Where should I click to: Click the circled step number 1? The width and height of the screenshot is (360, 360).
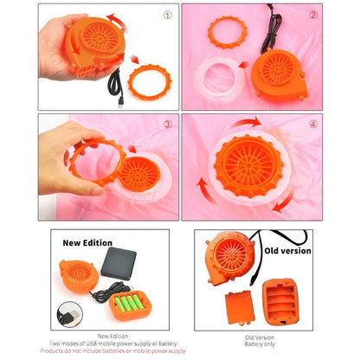pos(168,15)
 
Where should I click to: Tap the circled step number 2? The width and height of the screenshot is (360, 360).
pos(313,15)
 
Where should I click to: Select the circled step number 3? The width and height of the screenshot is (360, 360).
pos(168,124)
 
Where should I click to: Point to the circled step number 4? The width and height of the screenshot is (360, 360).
pos(313,125)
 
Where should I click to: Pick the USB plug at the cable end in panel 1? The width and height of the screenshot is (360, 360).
pos(120,104)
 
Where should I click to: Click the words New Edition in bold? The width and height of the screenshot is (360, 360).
pos(87,243)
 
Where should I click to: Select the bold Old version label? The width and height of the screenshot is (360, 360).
pos(288,251)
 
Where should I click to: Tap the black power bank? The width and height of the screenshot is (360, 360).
pos(119,263)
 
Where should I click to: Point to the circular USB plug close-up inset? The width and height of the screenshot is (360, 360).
pos(70,314)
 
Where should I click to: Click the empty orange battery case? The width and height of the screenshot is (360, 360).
pos(280,301)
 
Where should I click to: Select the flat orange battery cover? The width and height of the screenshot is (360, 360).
pos(240,307)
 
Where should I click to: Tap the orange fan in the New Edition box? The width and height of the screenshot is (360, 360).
pos(79,276)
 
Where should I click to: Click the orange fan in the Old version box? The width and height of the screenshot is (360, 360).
pos(229,258)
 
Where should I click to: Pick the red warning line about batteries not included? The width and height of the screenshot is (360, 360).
pos(112,350)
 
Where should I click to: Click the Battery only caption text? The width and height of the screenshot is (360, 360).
pos(260,344)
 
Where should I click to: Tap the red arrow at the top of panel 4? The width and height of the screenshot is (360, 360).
pos(246,121)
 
